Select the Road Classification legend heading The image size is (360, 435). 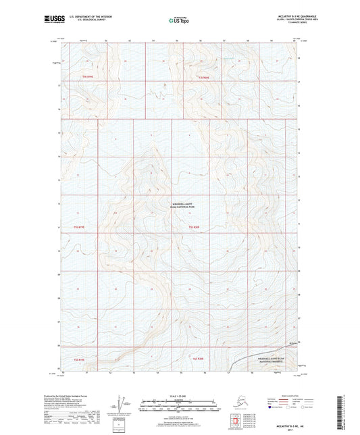coord(281,395)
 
